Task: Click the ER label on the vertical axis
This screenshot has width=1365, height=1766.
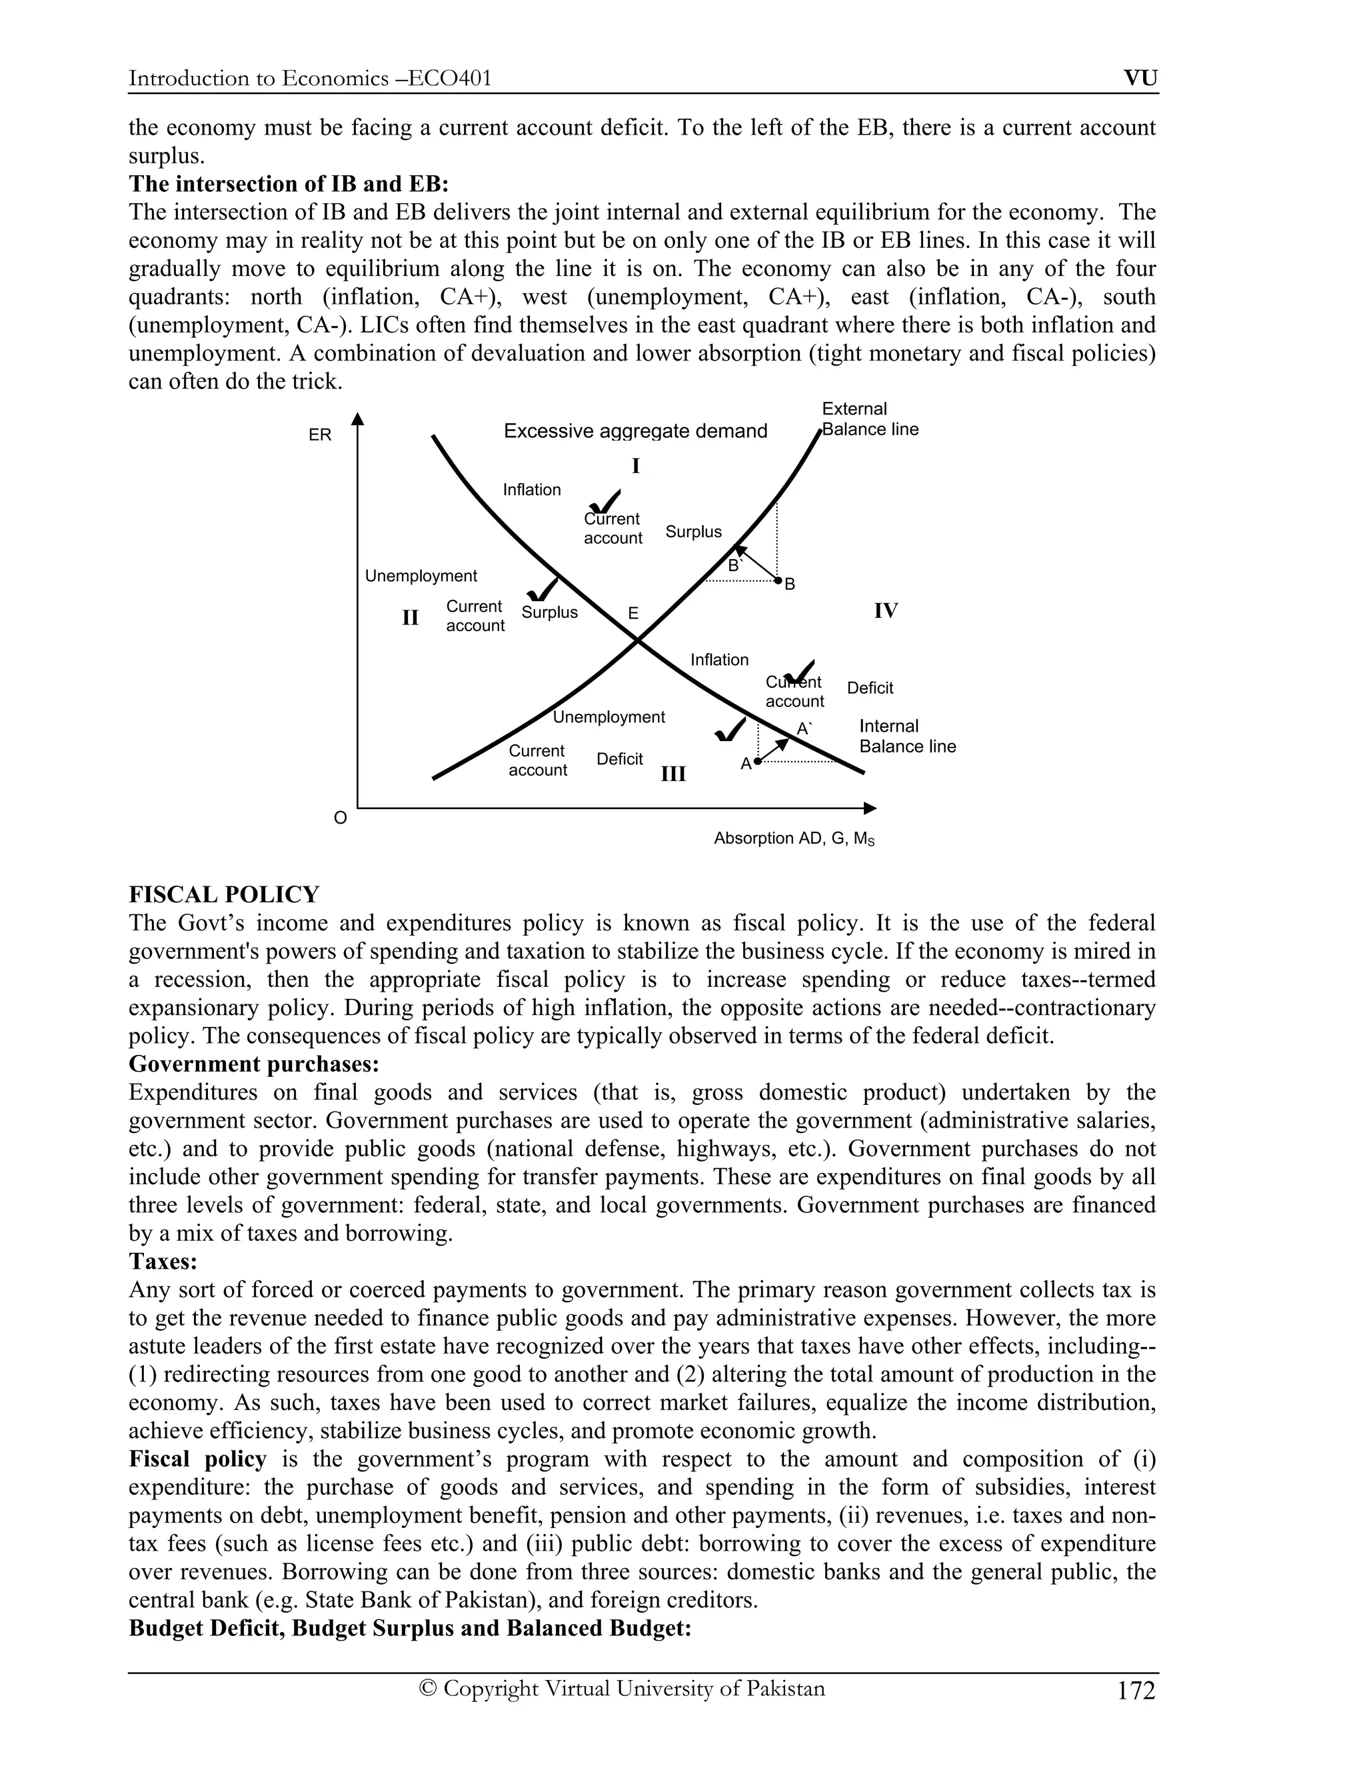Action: point(319,435)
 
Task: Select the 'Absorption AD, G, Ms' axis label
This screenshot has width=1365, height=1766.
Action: point(794,838)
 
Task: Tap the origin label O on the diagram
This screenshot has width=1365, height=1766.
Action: point(341,818)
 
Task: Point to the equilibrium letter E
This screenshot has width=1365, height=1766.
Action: point(633,614)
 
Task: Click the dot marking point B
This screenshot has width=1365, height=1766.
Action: point(778,580)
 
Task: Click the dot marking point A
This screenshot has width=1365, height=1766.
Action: point(758,761)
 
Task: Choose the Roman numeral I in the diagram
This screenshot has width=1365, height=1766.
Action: point(636,466)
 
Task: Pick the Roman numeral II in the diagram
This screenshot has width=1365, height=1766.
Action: point(410,618)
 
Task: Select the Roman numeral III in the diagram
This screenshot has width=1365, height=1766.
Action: point(673,774)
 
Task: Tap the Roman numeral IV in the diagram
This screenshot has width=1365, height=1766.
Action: point(886,611)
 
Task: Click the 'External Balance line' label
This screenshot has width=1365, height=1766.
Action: point(869,419)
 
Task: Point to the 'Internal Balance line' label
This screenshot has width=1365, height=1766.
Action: point(906,736)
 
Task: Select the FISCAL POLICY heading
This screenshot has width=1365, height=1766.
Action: point(224,895)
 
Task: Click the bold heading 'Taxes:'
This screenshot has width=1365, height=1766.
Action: point(163,1262)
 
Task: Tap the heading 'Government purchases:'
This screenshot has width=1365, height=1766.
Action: point(254,1064)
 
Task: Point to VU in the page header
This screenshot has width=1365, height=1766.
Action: point(1140,79)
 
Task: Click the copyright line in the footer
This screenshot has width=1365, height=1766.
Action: point(622,1689)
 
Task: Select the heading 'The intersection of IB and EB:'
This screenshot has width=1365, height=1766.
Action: point(289,185)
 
